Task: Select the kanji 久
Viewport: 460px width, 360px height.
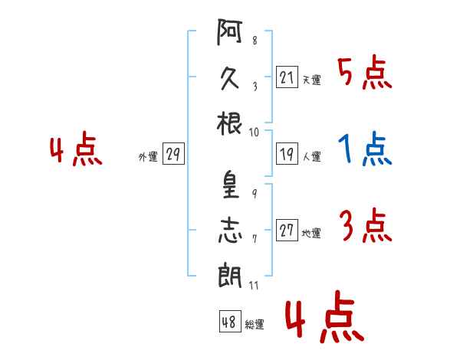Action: (229, 77)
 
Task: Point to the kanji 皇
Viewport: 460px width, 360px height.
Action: (229, 183)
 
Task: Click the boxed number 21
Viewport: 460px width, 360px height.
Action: (286, 77)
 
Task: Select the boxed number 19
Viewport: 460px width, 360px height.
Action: (286, 154)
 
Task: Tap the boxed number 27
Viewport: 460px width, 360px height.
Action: (287, 231)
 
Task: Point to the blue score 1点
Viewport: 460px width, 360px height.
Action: (365, 150)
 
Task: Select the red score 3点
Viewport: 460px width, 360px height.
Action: (365, 227)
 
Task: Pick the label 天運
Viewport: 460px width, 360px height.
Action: (311, 80)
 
